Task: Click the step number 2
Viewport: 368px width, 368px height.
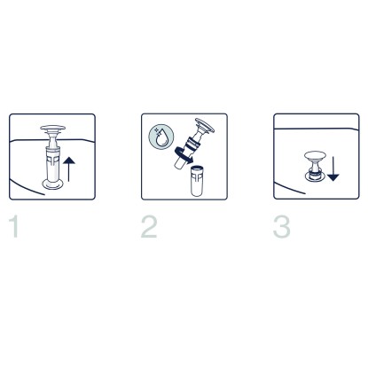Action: point(149,227)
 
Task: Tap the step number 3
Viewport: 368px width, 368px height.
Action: point(281,227)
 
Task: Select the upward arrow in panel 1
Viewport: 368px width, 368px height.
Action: point(69,169)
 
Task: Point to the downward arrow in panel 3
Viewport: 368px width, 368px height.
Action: point(333,169)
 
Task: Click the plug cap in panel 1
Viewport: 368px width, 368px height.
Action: point(52,129)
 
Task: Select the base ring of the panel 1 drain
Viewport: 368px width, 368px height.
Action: point(53,184)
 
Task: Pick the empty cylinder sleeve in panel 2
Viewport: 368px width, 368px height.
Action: point(197,181)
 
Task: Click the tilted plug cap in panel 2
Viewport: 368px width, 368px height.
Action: point(205,126)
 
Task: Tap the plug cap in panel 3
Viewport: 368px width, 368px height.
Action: point(315,155)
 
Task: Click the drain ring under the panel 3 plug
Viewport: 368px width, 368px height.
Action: point(315,176)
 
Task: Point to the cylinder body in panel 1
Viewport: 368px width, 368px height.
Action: point(53,164)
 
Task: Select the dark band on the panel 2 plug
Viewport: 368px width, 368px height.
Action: point(192,144)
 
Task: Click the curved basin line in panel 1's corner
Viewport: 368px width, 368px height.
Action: point(27,188)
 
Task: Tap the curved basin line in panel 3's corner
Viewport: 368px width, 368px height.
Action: point(290,188)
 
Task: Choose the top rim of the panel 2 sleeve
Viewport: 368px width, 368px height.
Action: point(197,168)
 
